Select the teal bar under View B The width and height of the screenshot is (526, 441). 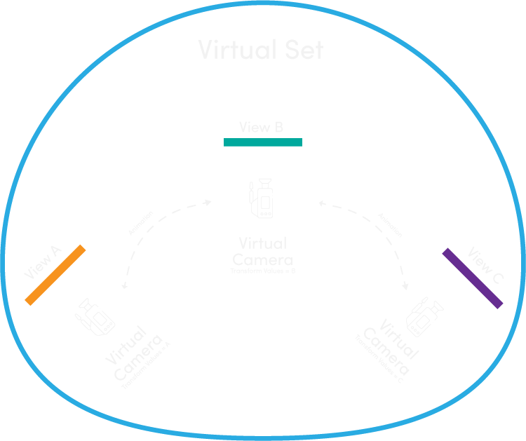(263, 142)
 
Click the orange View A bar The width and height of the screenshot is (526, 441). (55, 274)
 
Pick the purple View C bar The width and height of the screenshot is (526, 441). (473, 278)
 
